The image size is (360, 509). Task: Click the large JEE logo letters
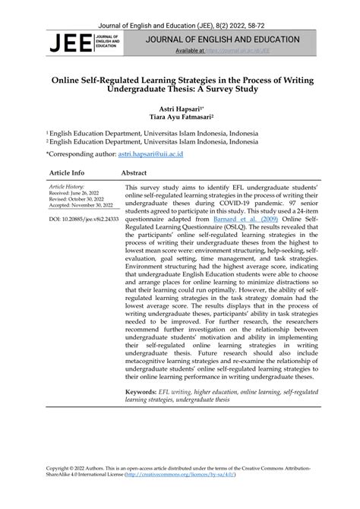68,43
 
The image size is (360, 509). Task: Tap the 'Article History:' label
68,186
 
